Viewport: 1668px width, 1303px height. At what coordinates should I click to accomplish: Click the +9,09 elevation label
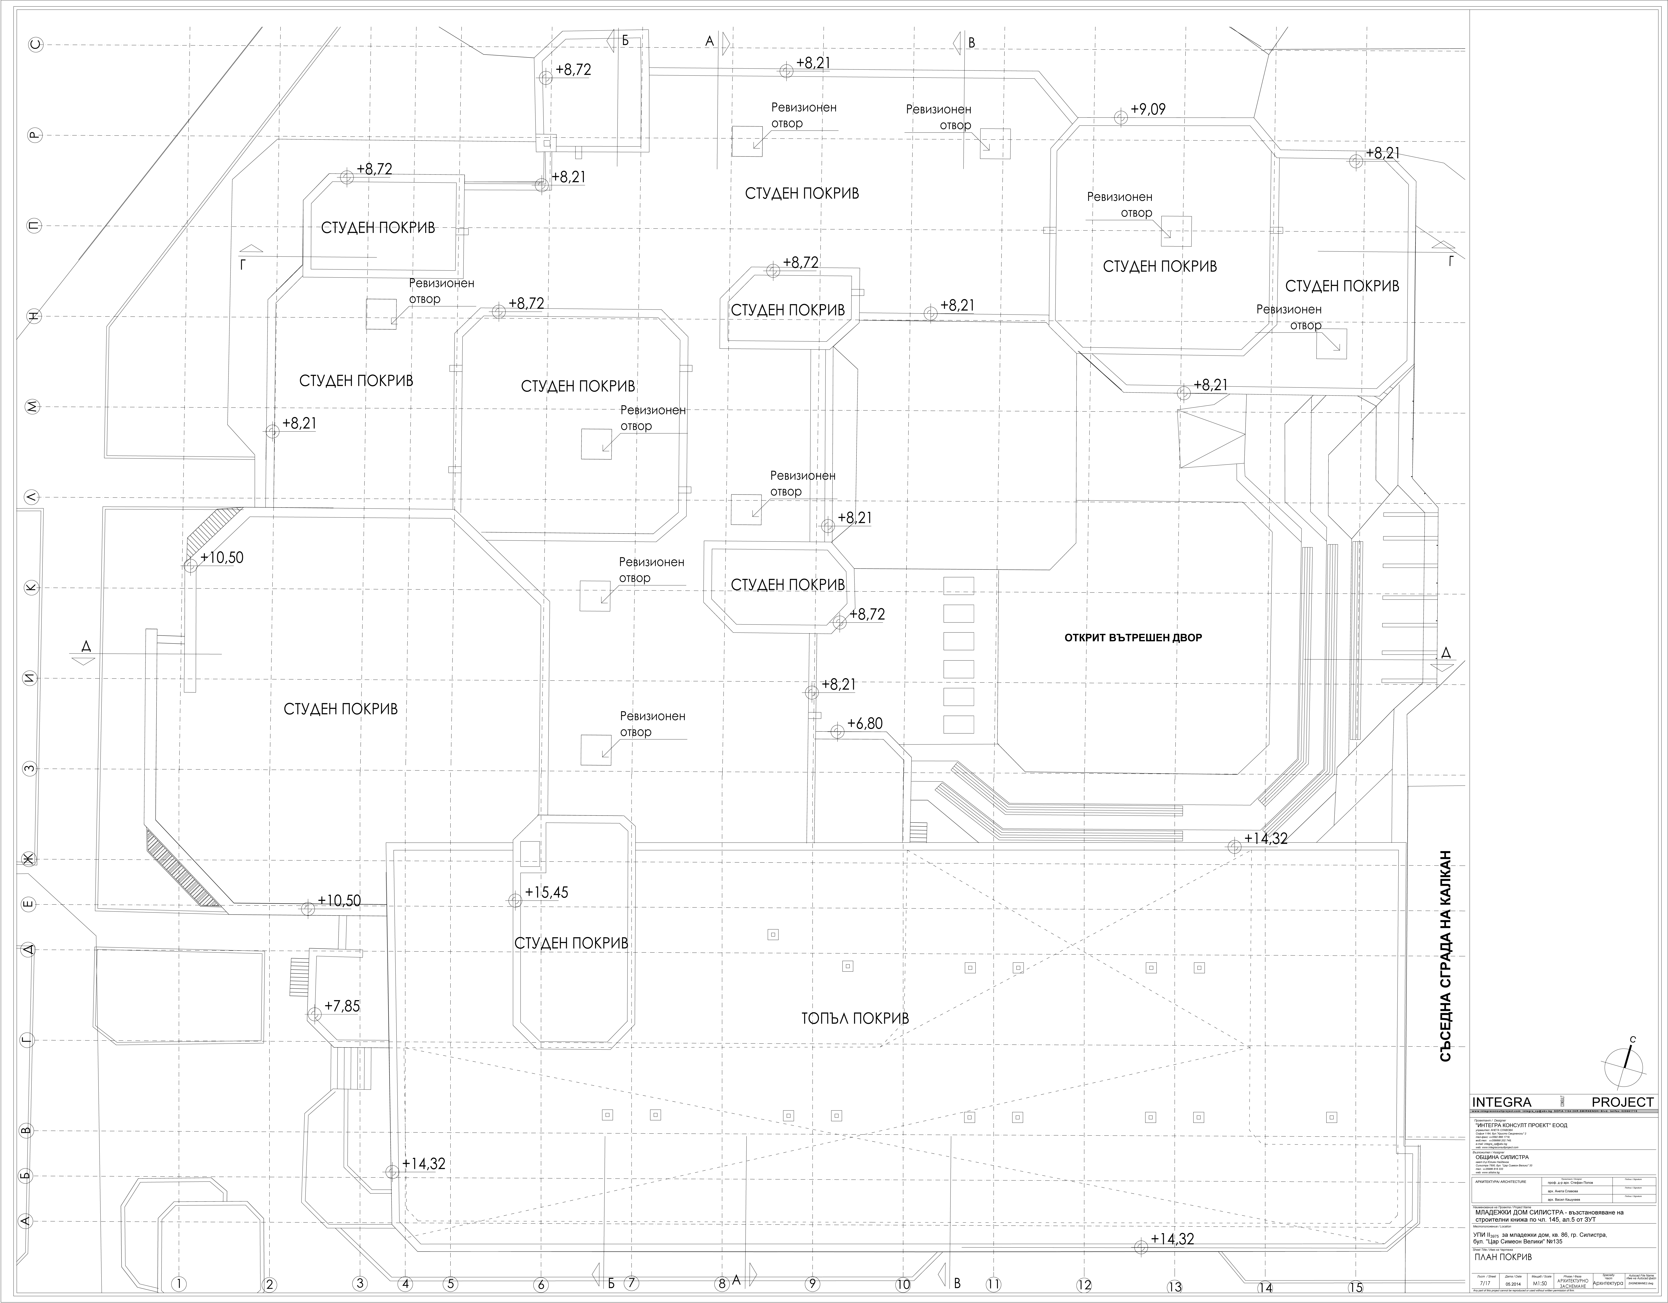pyautogui.click(x=1148, y=109)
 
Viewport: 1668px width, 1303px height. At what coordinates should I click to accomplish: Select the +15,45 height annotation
pyautogui.click(x=547, y=892)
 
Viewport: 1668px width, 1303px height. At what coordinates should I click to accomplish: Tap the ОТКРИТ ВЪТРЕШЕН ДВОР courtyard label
pyautogui.click(x=1133, y=637)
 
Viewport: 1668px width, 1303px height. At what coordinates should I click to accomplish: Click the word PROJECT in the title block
pyautogui.click(x=1622, y=1102)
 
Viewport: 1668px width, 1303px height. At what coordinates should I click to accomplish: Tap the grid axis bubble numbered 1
pyautogui.click(x=179, y=1284)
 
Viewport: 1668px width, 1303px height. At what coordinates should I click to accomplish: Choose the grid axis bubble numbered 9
pyautogui.click(x=812, y=1284)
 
